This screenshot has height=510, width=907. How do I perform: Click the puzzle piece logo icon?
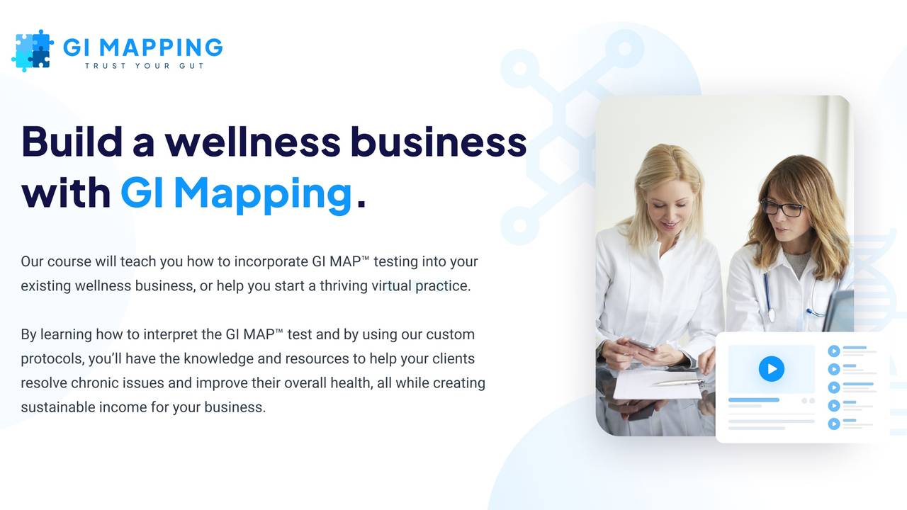click(33, 50)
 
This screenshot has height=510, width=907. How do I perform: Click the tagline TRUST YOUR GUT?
click(145, 66)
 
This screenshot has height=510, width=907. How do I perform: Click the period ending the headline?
click(361, 203)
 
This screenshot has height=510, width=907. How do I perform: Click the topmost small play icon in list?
click(834, 351)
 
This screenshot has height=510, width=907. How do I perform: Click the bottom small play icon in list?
click(834, 424)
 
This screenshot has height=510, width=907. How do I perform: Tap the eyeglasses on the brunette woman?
click(782, 208)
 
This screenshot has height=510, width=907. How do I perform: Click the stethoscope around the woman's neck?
click(770, 297)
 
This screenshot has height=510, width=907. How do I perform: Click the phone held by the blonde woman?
click(641, 344)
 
